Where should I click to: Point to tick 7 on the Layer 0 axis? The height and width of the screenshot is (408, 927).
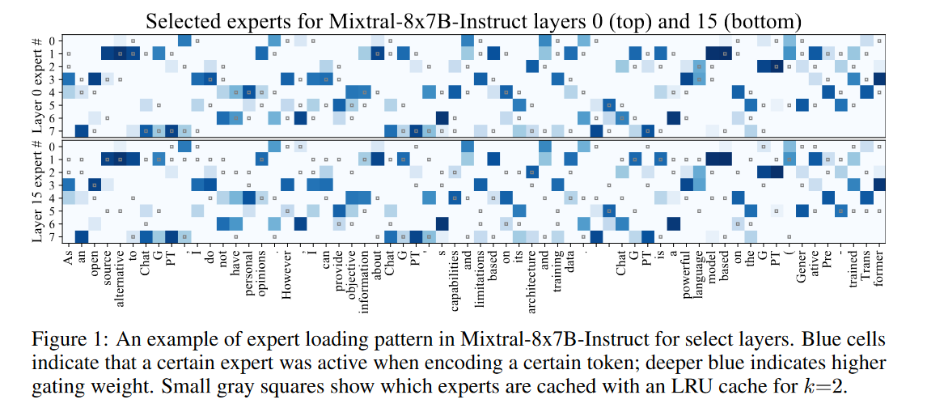point(53,130)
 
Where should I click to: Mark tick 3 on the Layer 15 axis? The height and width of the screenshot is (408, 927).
point(53,185)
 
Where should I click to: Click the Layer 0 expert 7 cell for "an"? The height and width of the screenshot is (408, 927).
point(82,130)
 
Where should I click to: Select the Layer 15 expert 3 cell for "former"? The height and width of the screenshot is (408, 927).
point(880,185)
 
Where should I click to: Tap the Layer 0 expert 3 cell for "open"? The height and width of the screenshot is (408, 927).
point(95,79)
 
